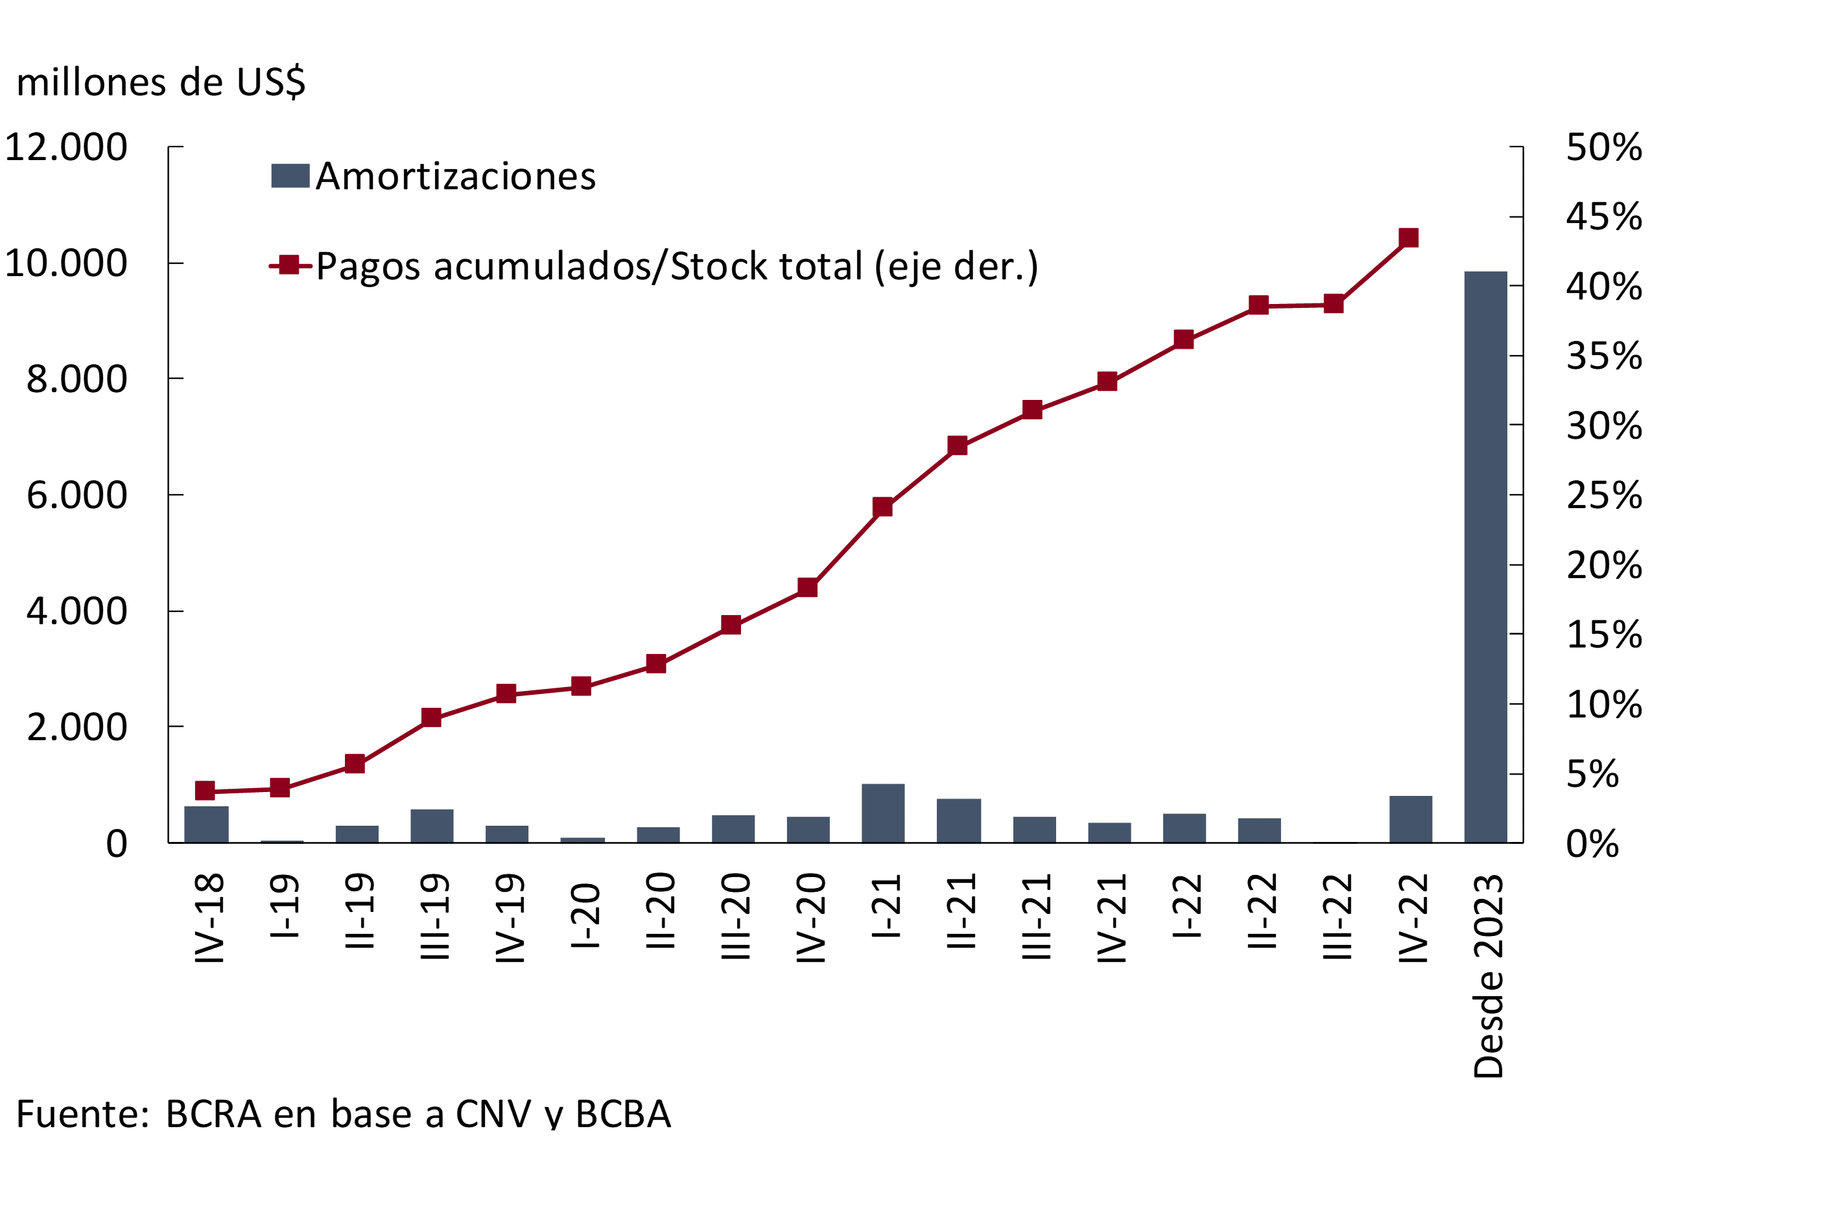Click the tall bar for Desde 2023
click(x=1485, y=556)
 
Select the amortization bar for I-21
click(x=883, y=813)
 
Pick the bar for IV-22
click(x=1411, y=819)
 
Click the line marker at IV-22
click(x=1408, y=237)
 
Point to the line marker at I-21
click(x=882, y=507)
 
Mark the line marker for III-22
click(x=1333, y=304)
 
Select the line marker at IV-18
click(x=205, y=791)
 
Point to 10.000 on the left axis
click(x=65, y=263)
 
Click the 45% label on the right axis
click(x=1603, y=216)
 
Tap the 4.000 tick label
click(x=77, y=611)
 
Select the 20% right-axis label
click(x=1603, y=565)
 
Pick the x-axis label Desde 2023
click(x=1488, y=977)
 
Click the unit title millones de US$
click(x=161, y=82)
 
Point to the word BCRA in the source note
click(x=213, y=1114)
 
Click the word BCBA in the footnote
click(x=623, y=1114)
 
